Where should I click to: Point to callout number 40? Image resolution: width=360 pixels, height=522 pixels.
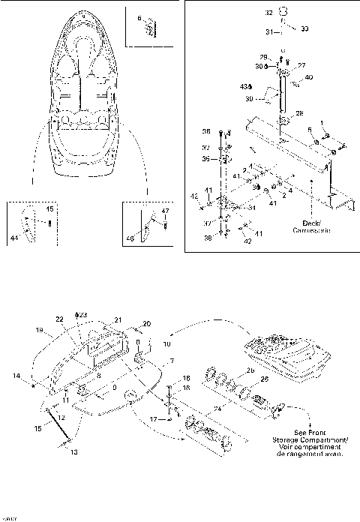(x=309, y=76)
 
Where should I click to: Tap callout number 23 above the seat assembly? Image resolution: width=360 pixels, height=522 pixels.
(x=83, y=314)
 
